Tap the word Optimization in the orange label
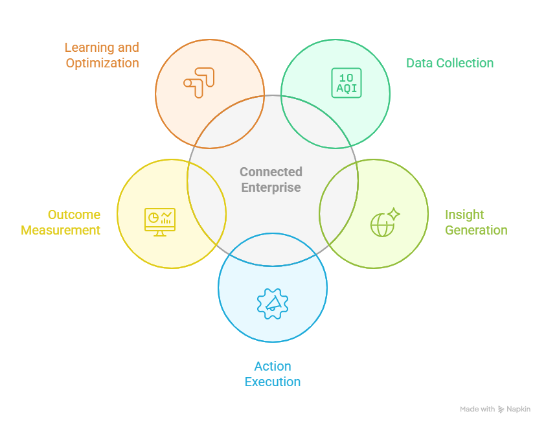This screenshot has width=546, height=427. point(102,63)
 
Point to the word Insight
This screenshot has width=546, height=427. point(464,214)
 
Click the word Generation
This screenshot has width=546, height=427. point(476,230)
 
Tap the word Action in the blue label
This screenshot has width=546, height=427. point(273,366)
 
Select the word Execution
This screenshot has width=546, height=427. point(273,382)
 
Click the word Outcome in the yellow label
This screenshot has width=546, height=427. point(74,214)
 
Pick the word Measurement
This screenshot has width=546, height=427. point(61,230)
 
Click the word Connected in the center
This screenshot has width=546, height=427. point(271,172)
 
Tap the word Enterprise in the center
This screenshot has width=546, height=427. point(271,187)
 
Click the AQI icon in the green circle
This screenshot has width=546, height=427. point(346,82)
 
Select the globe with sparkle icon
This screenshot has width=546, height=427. point(385,222)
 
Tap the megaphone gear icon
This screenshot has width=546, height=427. point(273,303)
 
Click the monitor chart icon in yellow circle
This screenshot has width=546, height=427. point(160,221)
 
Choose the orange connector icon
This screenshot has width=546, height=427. point(198,82)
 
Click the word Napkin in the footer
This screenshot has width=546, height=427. point(519,410)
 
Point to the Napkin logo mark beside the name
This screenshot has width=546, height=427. point(501,410)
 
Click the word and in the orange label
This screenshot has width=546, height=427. point(128,48)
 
